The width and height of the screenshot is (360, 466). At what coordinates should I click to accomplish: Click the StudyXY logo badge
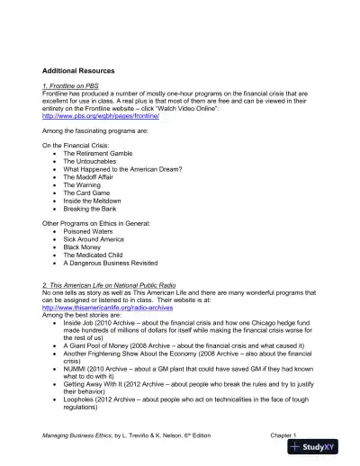(x=319, y=448)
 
